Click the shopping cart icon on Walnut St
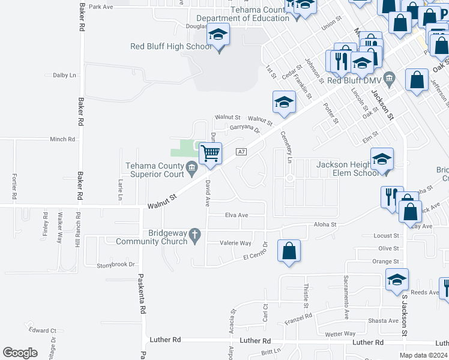[x=210, y=154]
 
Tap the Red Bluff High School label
[x=171, y=47]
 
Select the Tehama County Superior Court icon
[x=192, y=166]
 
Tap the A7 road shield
[x=241, y=152]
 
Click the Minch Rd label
[x=62, y=139]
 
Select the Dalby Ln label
[x=65, y=75]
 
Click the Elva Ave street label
[x=237, y=215]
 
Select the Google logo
[x=20, y=352]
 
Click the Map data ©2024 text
[x=423, y=355]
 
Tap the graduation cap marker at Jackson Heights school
[x=382, y=159]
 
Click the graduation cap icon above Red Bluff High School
[x=218, y=35]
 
